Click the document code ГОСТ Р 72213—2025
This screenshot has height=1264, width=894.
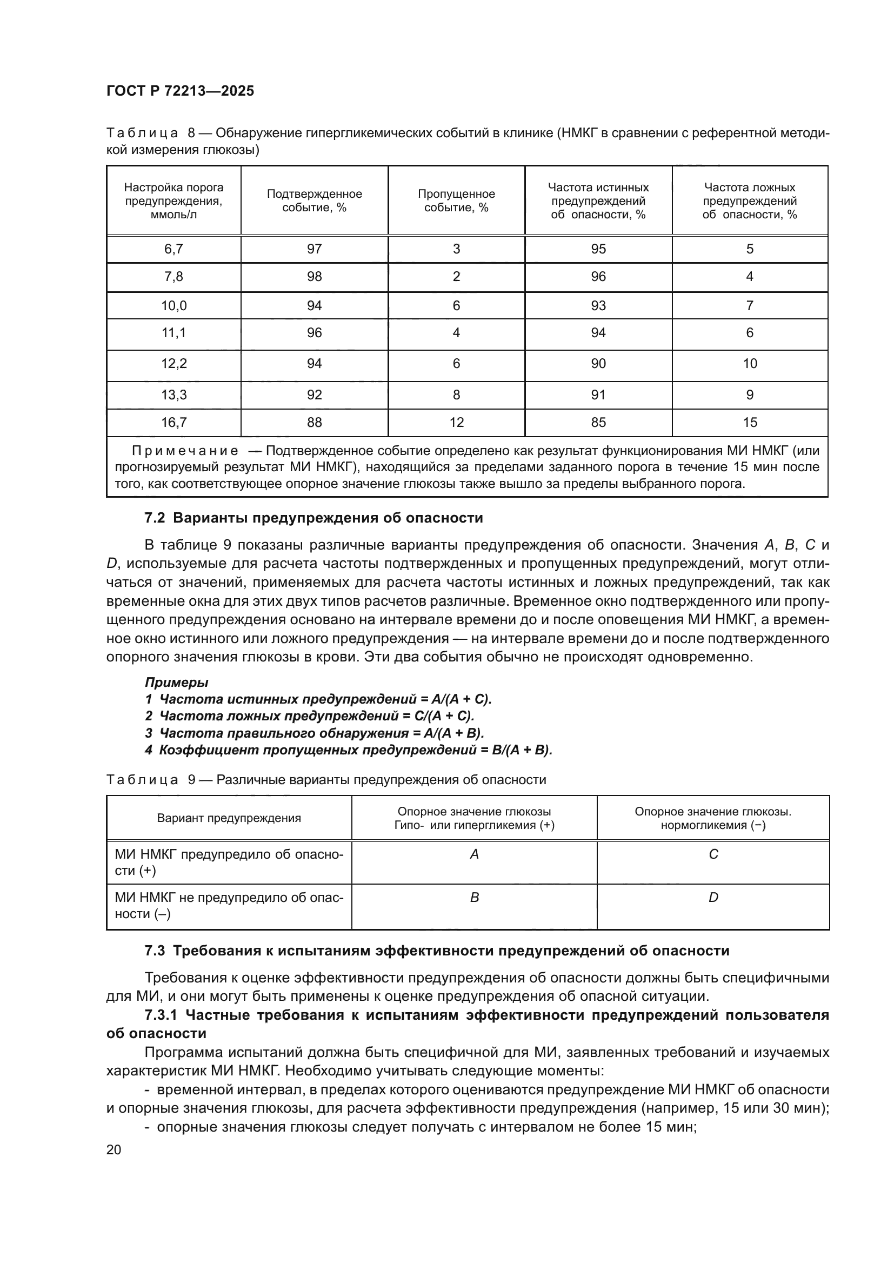pyautogui.click(x=180, y=91)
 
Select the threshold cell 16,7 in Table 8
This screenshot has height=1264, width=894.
pyautogui.click(x=174, y=422)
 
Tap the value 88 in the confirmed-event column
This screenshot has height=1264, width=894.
pyautogui.click(x=315, y=422)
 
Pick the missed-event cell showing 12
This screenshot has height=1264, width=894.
pyautogui.click(x=456, y=422)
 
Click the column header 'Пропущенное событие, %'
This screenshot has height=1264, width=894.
pyautogui.click(x=456, y=200)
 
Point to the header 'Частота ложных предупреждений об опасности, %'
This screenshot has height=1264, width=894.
pyautogui.click(x=749, y=200)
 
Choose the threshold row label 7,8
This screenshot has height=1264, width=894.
pyautogui.click(x=174, y=276)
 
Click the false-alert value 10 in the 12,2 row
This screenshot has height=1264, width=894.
pyautogui.click(x=750, y=363)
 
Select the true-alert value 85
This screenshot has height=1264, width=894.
pyautogui.click(x=598, y=422)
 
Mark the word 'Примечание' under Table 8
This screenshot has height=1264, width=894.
pyautogui.click(x=185, y=451)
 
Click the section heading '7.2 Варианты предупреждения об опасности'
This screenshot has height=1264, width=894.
pyautogui.click(x=314, y=518)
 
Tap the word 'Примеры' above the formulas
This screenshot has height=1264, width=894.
pyautogui.click(x=176, y=682)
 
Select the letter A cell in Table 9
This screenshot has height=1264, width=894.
pyautogui.click(x=474, y=854)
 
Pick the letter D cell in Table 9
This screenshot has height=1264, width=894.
pyautogui.click(x=713, y=898)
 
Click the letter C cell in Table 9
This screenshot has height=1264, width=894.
pyautogui.click(x=713, y=854)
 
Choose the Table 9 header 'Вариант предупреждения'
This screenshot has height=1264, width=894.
pyautogui.click(x=229, y=818)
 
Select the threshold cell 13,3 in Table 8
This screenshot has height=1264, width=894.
pyautogui.click(x=174, y=394)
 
